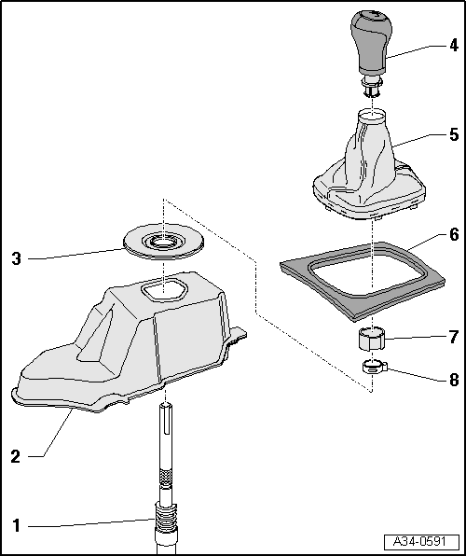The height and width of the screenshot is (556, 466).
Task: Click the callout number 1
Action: tap(15, 525)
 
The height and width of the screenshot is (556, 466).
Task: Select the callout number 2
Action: tap(15, 456)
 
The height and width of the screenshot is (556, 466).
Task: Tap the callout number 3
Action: tap(15, 258)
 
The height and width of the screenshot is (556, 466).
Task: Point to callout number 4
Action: tap(453, 44)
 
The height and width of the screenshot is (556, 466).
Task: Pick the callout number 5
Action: tap(453, 134)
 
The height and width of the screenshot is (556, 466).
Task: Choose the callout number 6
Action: tap(453, 234)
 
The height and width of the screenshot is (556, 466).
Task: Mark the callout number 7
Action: tap(453, 335)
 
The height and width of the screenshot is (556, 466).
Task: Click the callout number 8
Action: tap(453, 380)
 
